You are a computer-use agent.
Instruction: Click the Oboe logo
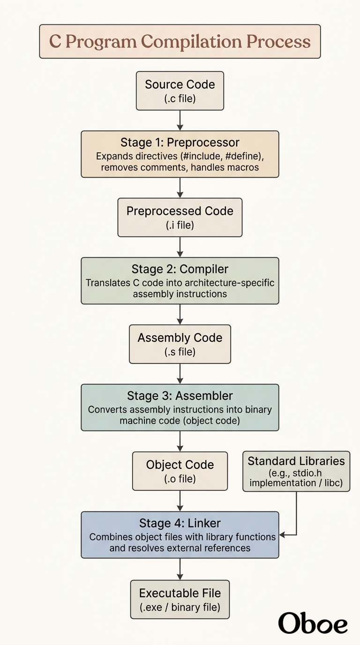tap(313, 623)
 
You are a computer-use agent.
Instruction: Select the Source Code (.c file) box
tap(180, 91)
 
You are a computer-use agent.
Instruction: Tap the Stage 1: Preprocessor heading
tap(180, 142)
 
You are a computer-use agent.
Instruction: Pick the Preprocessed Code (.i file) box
tap(180, 217)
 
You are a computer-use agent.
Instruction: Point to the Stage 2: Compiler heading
tap(180, 269)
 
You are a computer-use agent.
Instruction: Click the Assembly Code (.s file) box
tap(180, 344)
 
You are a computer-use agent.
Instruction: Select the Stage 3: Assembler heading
tap(180, 396)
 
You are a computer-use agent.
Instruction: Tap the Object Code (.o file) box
tap(180, 471)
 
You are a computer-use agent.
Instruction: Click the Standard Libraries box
tap(296, 472)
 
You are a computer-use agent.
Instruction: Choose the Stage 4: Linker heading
tap(180, 523)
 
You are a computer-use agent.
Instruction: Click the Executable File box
tap(180, 600)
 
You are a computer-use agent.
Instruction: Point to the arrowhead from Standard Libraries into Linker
tap(282, 535)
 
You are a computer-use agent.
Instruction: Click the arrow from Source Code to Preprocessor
tap(180, 120)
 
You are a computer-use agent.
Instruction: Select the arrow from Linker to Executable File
tap(180, 569)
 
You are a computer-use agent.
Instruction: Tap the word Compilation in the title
tap(191, 42)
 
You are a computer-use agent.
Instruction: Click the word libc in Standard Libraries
tap(332, 483)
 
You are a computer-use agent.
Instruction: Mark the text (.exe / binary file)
tap(180, 607)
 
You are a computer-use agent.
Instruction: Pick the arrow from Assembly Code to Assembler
tap(180, 374)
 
